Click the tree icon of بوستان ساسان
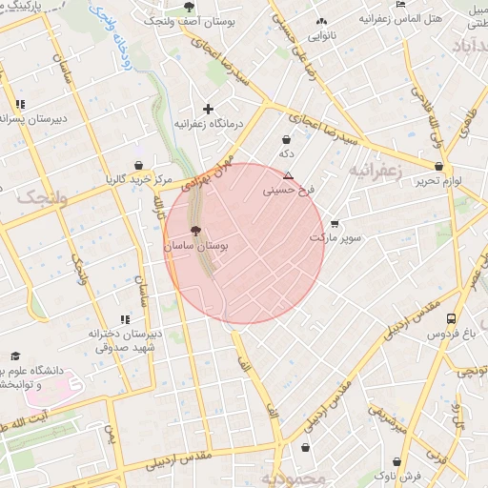[195, 231]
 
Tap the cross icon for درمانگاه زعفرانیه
[208, 109]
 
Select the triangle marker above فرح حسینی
[288, 175]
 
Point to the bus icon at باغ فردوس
[451, 319]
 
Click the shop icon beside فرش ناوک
[382, 474]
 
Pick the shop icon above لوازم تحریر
[439, 166]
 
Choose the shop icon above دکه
[287, 139]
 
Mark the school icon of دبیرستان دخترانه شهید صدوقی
[124, 319]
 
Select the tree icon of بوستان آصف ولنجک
[188, 7]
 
